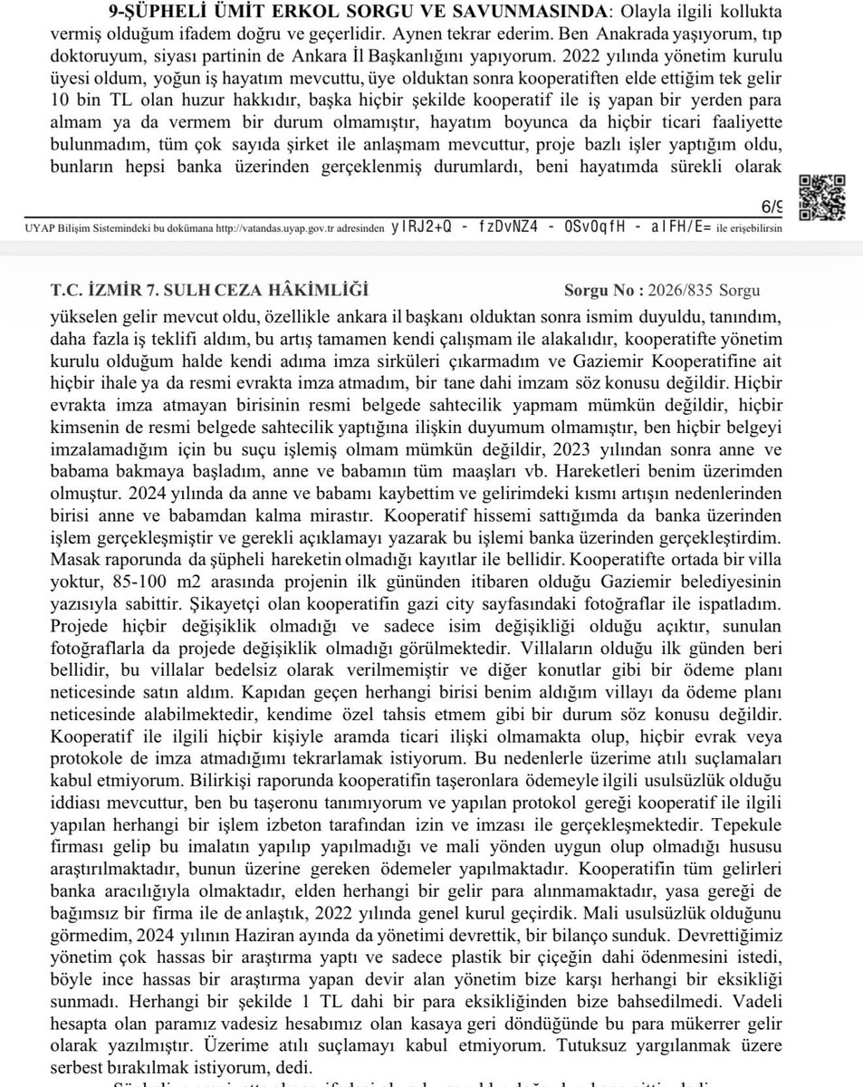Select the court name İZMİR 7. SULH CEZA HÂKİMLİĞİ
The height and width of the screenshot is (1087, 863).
[x=210, y=291]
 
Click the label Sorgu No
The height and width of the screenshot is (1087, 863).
[x=602, y=291]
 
